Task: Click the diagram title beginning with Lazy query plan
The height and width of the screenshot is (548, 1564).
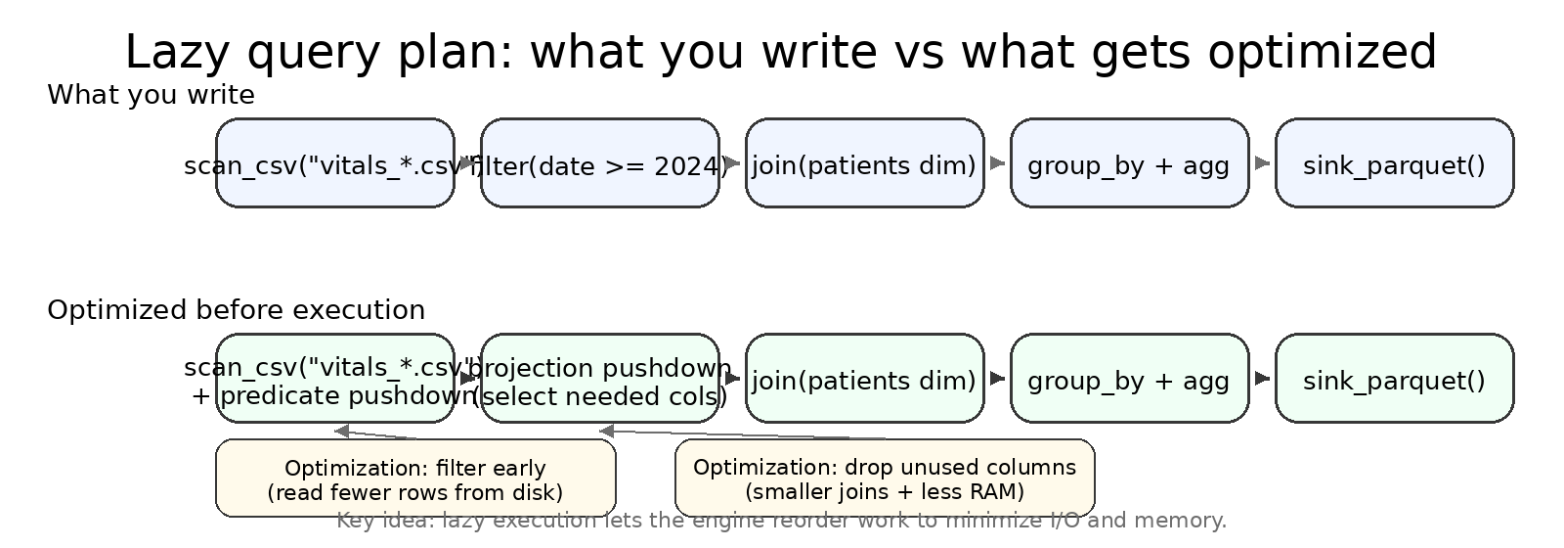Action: coord(781,53)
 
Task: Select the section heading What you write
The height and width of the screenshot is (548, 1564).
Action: coord(151,96)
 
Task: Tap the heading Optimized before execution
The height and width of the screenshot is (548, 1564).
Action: coord(236,311)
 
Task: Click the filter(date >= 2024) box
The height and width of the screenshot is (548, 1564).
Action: coord(599,164)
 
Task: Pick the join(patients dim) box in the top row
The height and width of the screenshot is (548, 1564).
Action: coord(864,164)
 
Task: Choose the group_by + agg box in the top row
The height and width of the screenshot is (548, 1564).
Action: coord(1129,164)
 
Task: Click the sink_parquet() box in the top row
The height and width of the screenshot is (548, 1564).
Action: coord(1394,164)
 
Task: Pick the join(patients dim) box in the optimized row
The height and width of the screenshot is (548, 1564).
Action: coord(864,380)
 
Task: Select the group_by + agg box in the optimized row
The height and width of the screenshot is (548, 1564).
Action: coord(1129,380)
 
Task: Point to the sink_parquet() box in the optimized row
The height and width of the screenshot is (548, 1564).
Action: coord(1394,380)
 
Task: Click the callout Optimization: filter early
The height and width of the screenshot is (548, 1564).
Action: coord(415,479)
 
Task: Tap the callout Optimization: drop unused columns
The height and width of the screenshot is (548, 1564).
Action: coord(885,479)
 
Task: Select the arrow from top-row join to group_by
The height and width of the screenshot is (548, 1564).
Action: coord(997,163)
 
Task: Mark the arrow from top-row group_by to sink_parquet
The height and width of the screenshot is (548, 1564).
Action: coord(1262,163)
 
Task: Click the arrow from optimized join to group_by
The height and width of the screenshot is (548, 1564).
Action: coord(997,379)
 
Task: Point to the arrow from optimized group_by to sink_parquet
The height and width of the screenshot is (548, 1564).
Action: coord(1262,379)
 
